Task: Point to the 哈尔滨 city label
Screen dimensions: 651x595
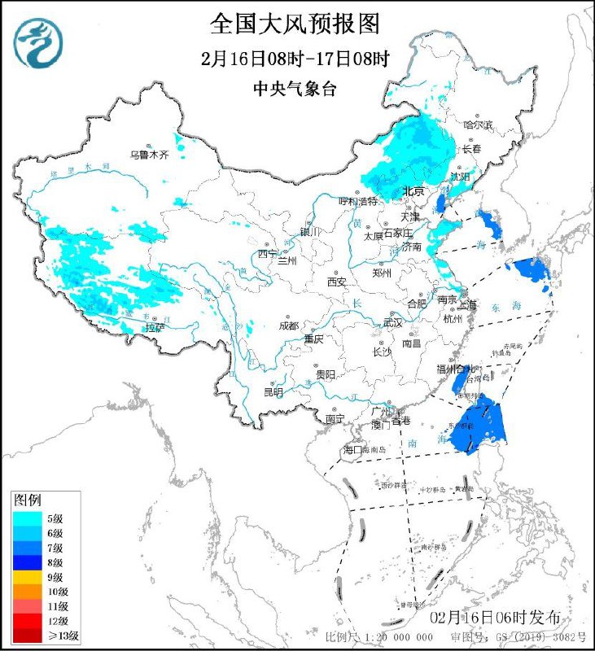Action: (479, 125)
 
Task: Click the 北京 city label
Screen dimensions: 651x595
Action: (414, 191)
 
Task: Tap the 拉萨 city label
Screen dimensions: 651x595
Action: (155, 328)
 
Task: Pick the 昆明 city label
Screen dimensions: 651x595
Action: (273, 392)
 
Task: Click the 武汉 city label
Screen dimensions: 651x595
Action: (393, 323)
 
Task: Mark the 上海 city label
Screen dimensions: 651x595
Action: (467, 305)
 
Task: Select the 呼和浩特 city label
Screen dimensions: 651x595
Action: (358, 200)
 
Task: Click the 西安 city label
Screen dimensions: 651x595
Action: (337, 282)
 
